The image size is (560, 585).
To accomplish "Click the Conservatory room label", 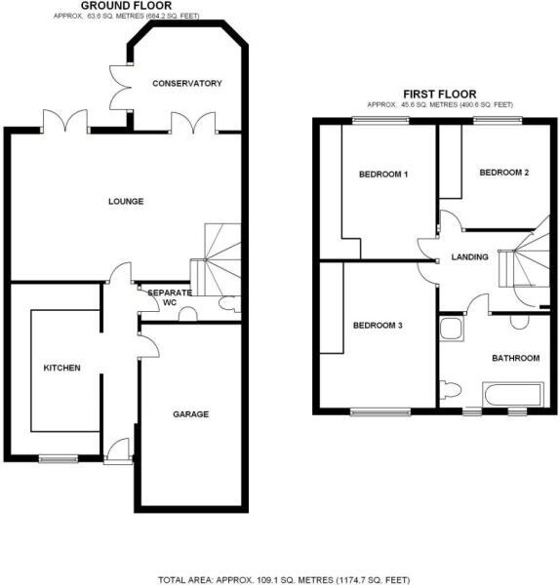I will [x=187, y=83].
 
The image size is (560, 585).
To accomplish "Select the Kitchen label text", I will [x=61, y=368].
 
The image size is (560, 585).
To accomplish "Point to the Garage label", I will [x=191, y=414].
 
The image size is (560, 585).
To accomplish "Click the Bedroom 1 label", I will [x=383, y=175].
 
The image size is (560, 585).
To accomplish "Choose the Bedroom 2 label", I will [x=504, y=173].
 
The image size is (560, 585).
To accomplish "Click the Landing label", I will [x=469, y=257].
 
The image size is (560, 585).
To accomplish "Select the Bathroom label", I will [x=515, y=358].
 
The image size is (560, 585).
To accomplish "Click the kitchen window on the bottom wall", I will [x=58, y=457].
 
